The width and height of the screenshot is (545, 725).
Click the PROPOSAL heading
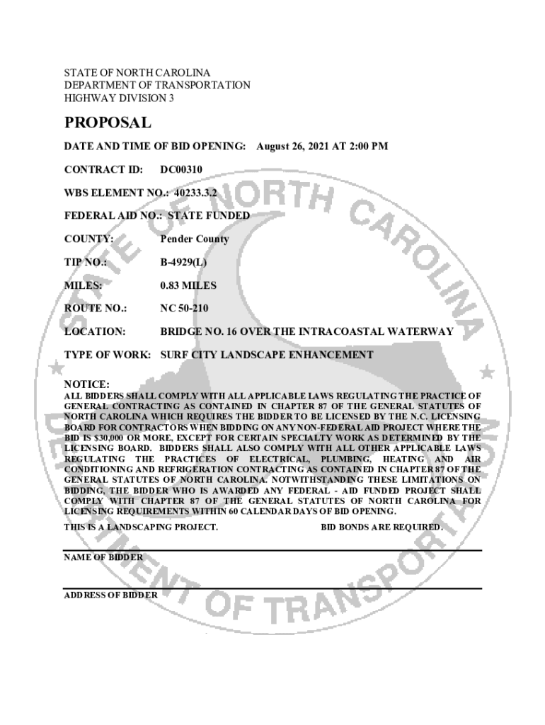pyautogui.click(x=108, y=123)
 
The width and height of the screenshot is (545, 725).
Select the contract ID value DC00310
pyautogui.click(x=181, y=170)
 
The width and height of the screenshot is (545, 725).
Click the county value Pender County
pyautogui.click(x=195, y=239)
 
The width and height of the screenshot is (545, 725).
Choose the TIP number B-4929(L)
pyautogui.click(x=183, y=263)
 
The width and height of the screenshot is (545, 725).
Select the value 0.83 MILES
pyautogui.click(x=188, y=286)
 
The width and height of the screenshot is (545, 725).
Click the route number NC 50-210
pyautogui.click(x=184, y=309)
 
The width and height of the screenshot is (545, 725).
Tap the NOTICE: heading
pyautogui.click(x=86, y=384)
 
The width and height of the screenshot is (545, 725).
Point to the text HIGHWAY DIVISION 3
pyautogui.click(x=119, y=98)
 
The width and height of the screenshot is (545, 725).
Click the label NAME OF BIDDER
pyautogui.click(x=103, y=557)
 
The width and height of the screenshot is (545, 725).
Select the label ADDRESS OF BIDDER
pyautogui.click(x=111, y=595)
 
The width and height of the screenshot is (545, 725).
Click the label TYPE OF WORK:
pyautogui.click(x=107, y=355)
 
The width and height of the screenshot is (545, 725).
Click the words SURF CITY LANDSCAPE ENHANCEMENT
pyautogui.click(x=267, y=355)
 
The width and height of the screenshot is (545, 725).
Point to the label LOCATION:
pyautogui.click(x=95, y=331)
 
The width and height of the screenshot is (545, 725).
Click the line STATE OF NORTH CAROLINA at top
pyautogui.click(x=137, y=74)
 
